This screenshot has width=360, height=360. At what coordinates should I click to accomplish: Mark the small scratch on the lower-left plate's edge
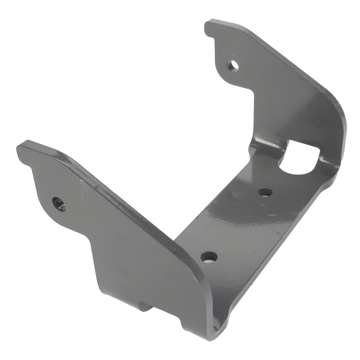(96, 187)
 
